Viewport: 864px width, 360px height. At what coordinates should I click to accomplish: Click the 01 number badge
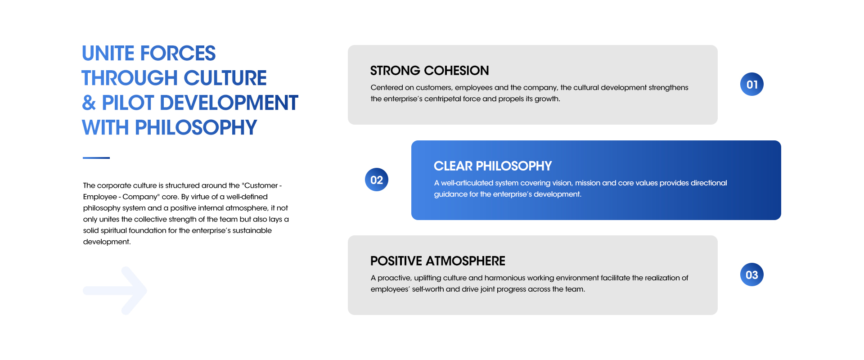click(x=752, y=84)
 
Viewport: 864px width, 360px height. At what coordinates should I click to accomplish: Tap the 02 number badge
click(x=377, y=180)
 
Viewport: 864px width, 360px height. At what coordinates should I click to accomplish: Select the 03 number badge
click(x=752, y=274)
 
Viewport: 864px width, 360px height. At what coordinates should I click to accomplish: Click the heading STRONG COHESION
click(x=429, y=71)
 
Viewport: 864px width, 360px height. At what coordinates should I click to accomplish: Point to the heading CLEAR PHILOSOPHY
click(x=493, y=166)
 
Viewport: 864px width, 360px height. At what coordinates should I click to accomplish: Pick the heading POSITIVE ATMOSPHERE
click(x=438, y=261)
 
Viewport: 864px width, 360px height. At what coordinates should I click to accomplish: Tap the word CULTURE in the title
click(x=225, y=78)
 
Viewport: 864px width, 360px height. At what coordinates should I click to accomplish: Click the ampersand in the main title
click(x=89, y=103)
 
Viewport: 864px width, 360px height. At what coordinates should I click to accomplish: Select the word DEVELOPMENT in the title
click(x=229, y=103)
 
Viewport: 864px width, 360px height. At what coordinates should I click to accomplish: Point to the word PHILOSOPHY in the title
click(x=196, y=128)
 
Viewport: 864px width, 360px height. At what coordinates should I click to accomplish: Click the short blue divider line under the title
click(x=96, y=158)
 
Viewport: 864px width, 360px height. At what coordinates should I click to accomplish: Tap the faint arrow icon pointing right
click(x=115, y=291)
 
